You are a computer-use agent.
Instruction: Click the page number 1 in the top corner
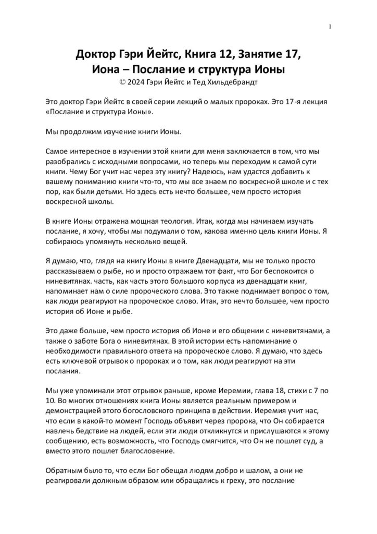[x=331, y=27]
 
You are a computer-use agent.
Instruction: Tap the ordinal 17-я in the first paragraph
[x=278, y=102]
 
